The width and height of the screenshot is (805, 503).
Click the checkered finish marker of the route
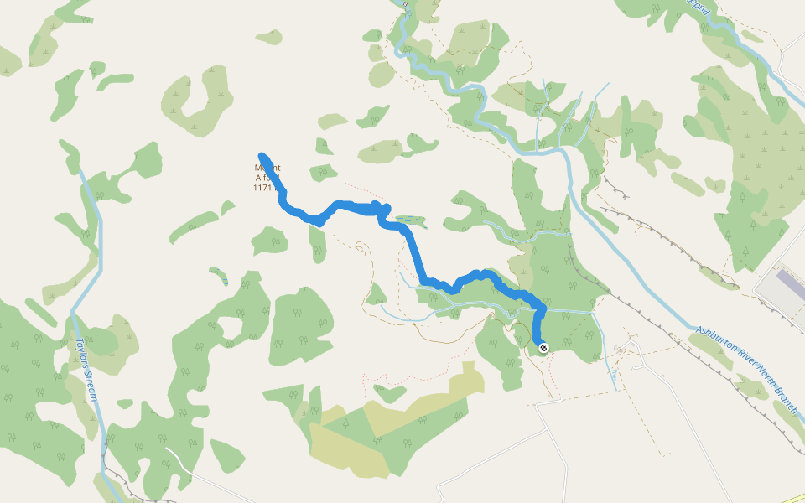coord(543,347)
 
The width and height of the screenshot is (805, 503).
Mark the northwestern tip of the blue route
coord(262,156)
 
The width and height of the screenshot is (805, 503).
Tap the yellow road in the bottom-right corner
coord(792,497)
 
